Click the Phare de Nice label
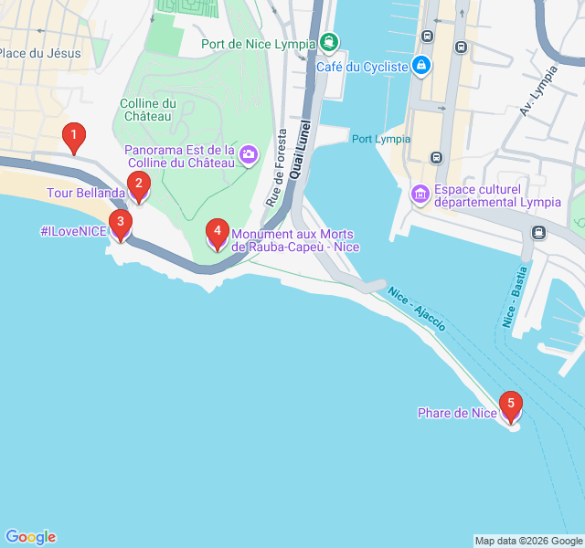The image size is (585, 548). pos(457,414)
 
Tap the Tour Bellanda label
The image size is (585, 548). pos(86,194)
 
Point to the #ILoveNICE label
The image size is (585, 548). pos(73,231)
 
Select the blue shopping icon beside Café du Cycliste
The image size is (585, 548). pos(420,66)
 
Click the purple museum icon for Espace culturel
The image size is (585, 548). pos(420,194)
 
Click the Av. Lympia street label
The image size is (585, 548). pos(538,91)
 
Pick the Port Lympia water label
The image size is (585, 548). pos(381,139)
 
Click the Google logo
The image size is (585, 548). pos(30,537)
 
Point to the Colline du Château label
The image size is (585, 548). pos(147,110)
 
